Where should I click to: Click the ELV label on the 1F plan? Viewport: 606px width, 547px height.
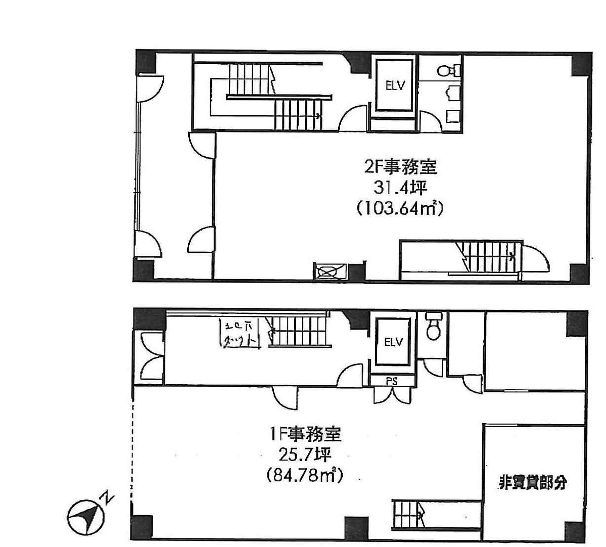coord(393,342)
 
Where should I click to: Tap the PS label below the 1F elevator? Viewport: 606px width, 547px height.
coord(392,382)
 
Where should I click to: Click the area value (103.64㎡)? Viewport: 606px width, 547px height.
coord(399,208)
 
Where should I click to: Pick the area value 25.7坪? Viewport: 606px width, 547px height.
coord(305,454)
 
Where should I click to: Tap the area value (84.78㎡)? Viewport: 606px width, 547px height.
coord(304,475)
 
